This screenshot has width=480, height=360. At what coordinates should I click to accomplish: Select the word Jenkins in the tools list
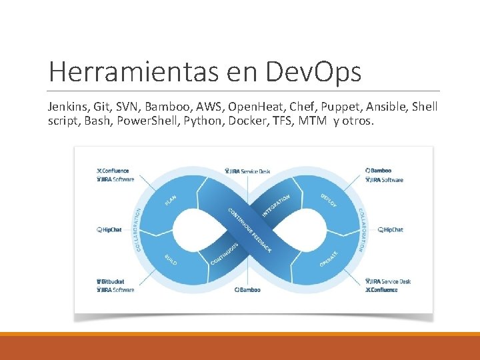click(66, 107)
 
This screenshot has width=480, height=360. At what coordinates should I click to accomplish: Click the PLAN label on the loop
click(171, 201)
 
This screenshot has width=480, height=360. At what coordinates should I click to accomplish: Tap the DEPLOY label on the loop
click(328, 199)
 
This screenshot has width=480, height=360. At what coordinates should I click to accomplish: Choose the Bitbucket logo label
click(111, 281)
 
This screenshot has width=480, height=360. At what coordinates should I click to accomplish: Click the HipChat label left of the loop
click(109, 230)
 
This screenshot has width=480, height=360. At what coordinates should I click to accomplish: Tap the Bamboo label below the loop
click(247, 290)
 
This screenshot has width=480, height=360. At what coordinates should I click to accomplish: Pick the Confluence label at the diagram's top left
click(113, 171)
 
